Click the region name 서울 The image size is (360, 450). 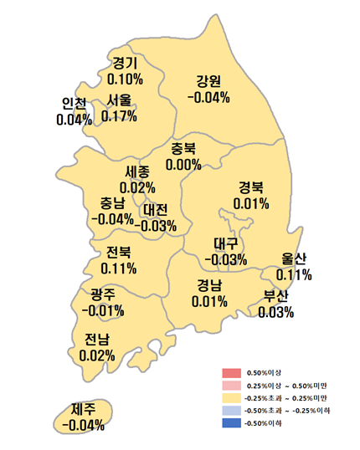119,100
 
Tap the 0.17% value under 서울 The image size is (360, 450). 119,115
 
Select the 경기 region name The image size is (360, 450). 125,63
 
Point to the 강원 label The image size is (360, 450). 208,82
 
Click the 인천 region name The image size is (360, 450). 74,104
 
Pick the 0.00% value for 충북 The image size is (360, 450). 183,165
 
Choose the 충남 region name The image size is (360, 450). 111,203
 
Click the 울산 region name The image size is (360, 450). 294,258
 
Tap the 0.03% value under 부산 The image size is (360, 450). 276,312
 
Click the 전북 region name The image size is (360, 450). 118,253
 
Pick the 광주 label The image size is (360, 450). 104,294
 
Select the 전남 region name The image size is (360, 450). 97,339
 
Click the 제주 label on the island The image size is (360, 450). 83,409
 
